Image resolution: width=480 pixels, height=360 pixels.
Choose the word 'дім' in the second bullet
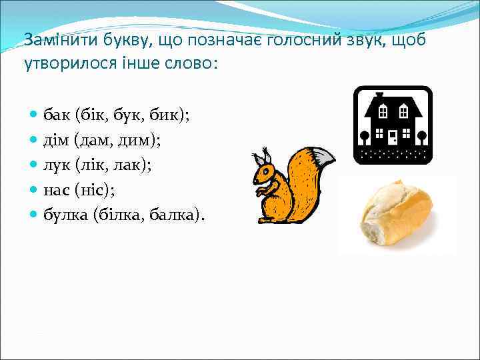56,140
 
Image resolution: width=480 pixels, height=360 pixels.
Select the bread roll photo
396,213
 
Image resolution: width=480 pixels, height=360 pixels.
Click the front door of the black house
393,137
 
